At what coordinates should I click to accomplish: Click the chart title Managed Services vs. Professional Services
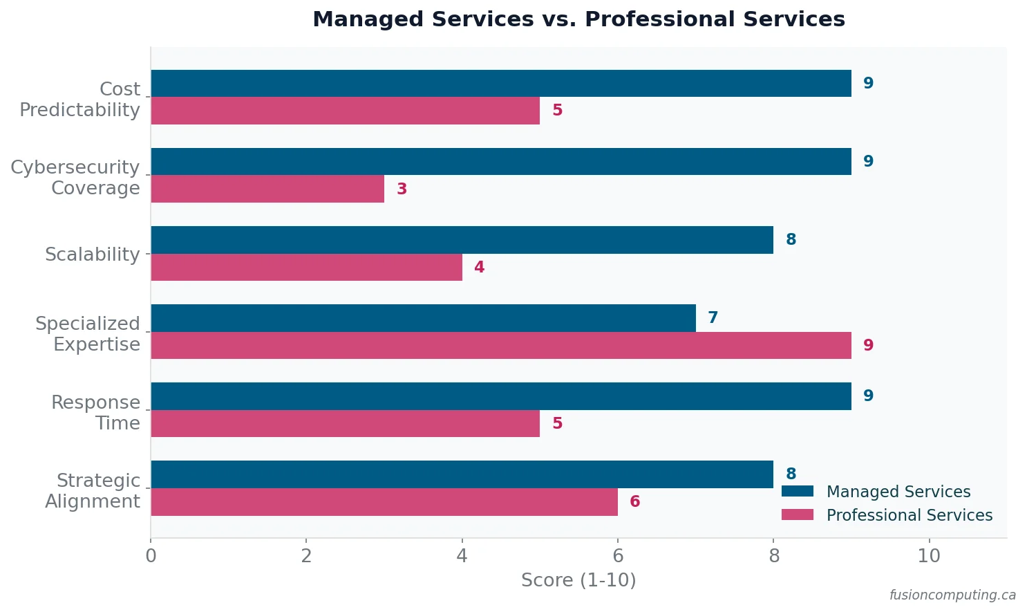[x=578, y=19]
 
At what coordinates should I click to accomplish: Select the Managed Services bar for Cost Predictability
[x=500, y=84]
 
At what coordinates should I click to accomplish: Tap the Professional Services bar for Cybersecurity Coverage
[x=267, y=189]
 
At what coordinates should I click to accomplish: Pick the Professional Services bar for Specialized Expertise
[x=500, y=345]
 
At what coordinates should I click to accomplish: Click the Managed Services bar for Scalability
[x=462, y=240]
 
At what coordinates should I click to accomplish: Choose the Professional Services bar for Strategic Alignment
[x=384, y=502]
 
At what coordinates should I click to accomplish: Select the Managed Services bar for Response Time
[x=500, y=396]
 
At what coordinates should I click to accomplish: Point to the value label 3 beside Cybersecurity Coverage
[x=402, y=189]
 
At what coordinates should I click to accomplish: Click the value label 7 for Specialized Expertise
[x=713, y=317]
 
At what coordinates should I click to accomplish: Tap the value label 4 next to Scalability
[x=479, y=268]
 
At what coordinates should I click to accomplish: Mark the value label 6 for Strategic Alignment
[x=634, y=502]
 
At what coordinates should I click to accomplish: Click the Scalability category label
[x=92, y=254]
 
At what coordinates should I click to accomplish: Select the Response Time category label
[x=95, y=413]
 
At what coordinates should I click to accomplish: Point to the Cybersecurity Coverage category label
[x=75, y=178]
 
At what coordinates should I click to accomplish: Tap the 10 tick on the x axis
[x=929, y=556]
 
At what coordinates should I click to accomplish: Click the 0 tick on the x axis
[x=151, y=556]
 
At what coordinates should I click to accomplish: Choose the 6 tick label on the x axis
[x=618, y=556]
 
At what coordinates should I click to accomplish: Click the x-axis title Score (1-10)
[x=578, y=580]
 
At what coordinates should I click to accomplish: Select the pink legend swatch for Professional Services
[x=797, y=515]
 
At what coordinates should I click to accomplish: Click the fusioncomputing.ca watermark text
[x=952, y=595]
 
